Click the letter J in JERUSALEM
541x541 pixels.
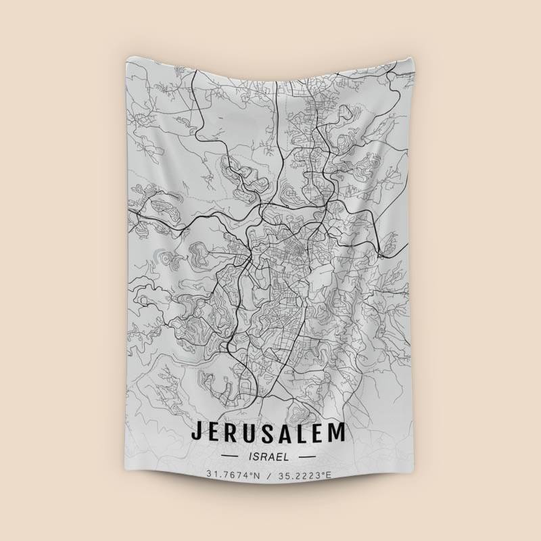tap(197, 431)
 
